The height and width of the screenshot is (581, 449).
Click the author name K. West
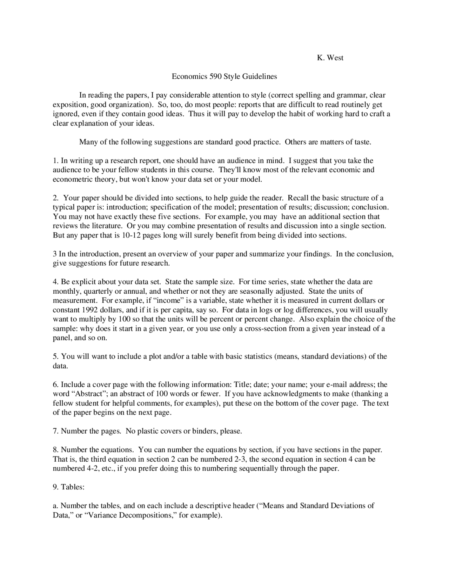pos(330,58)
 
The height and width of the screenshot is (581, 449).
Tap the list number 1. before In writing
pos(55,161)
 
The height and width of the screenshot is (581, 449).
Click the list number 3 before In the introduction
pos(55,254)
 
